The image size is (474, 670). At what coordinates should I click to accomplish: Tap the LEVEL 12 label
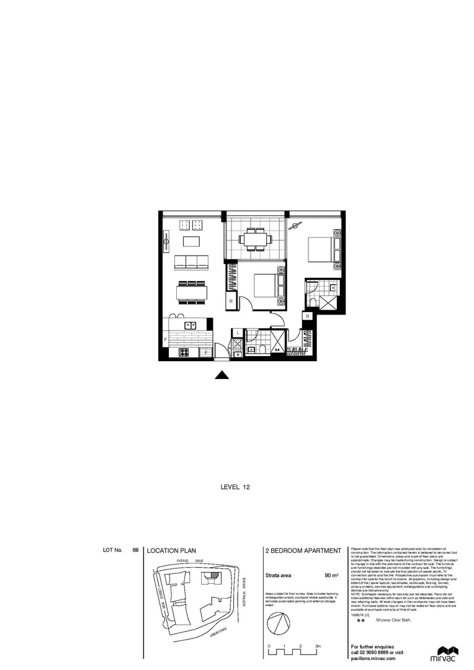pos(236,488)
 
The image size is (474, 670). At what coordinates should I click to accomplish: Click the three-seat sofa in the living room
pos(191,262)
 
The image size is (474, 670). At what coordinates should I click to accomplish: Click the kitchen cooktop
pos(184,353)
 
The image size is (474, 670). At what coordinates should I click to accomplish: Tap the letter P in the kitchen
pos(165,341)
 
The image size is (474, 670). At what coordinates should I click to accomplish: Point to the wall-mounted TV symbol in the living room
pos(166,241)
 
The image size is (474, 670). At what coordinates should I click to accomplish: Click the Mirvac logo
pos(444,654)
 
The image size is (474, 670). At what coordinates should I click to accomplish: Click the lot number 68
pos(135,550)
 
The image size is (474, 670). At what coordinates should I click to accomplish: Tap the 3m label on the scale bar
pos(317,647)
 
